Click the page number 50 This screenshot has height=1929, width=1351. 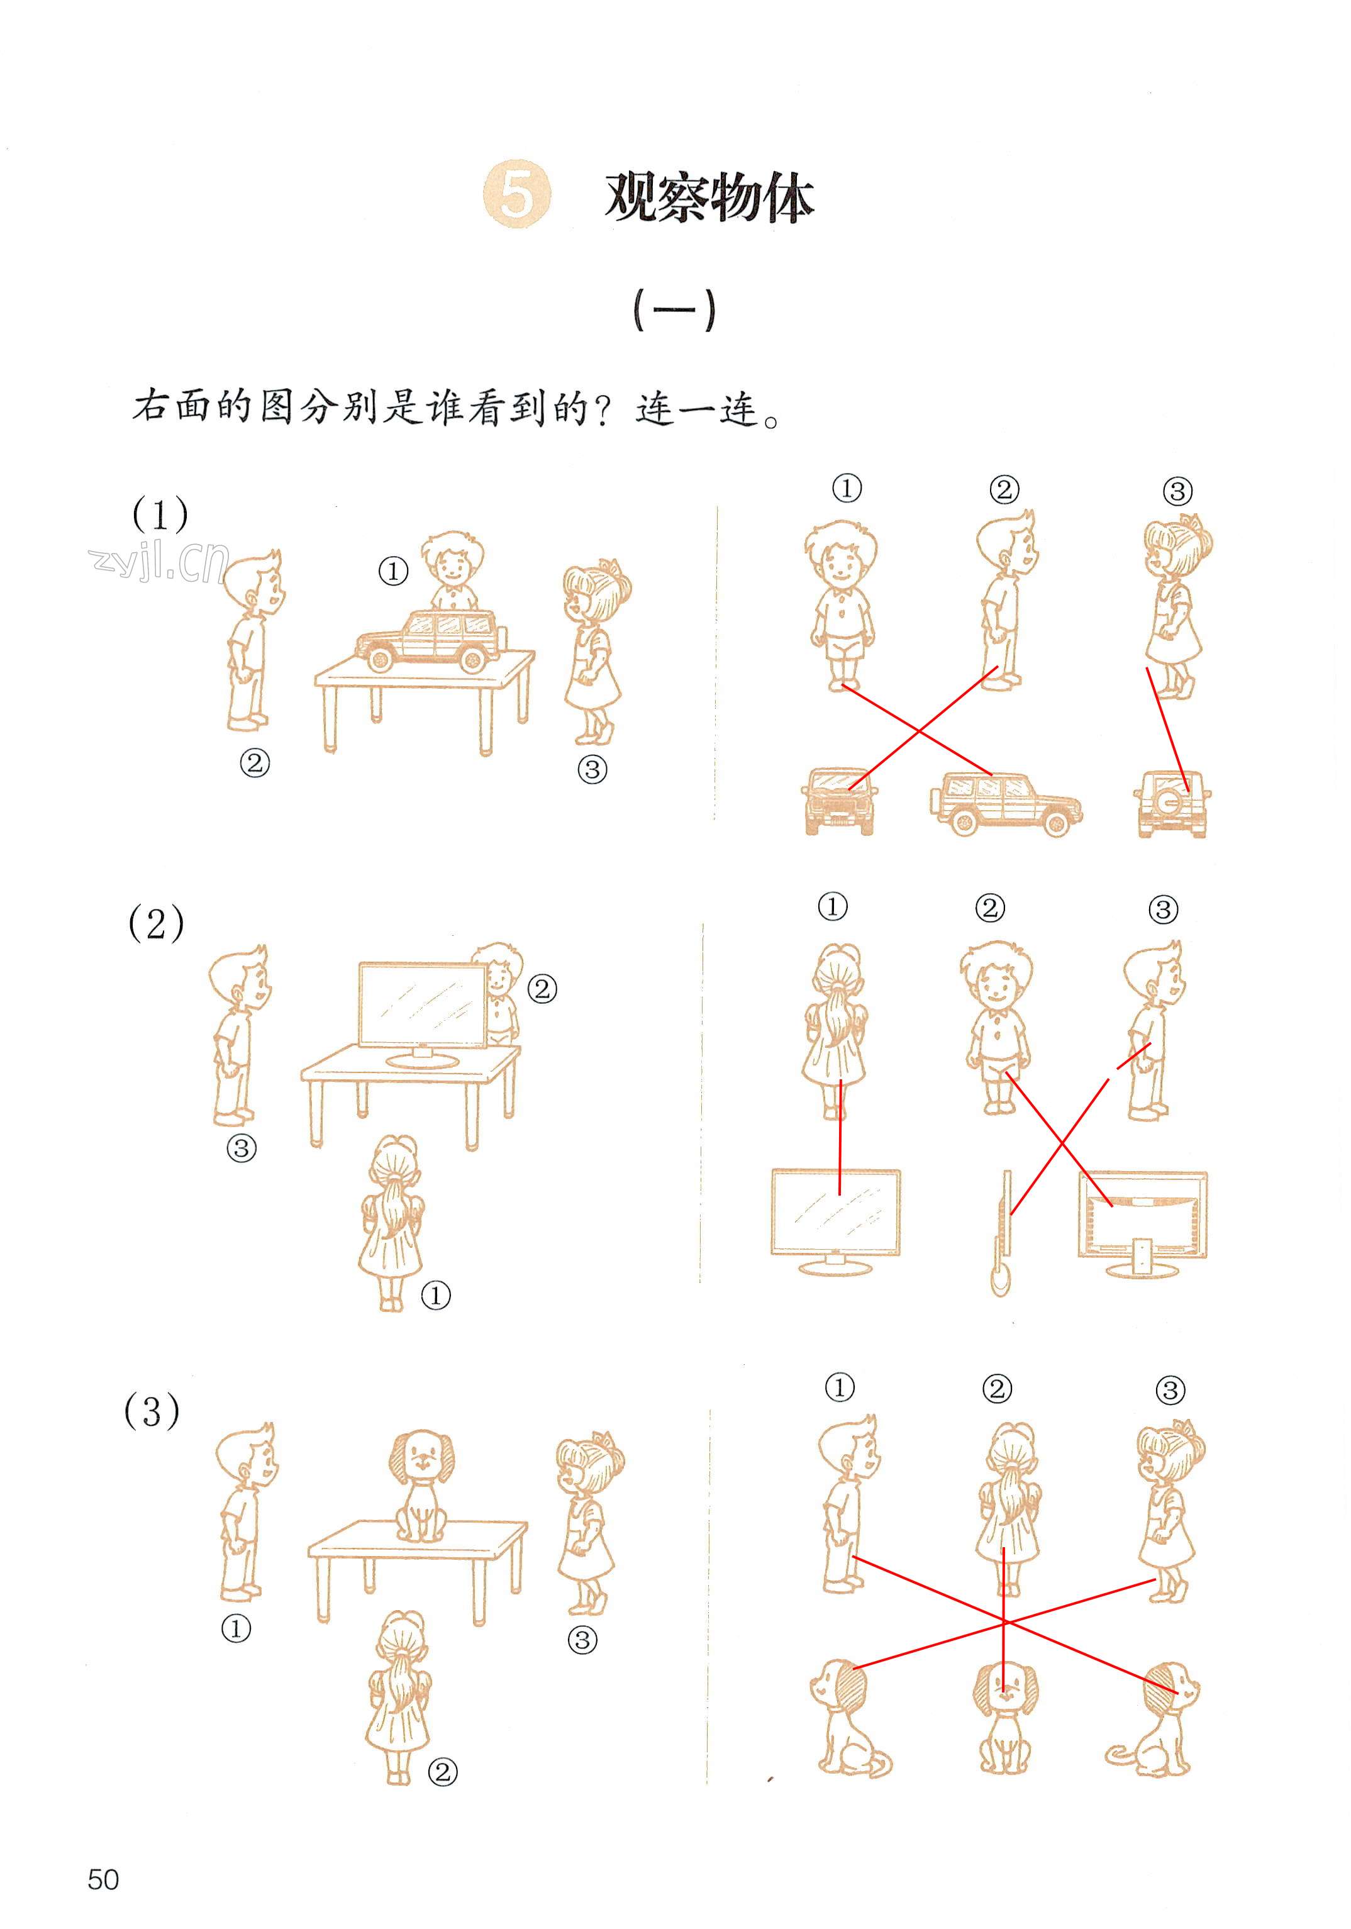[103, 1879]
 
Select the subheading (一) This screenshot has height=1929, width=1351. [674, 310]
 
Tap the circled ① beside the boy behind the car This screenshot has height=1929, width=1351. [393, 571]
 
